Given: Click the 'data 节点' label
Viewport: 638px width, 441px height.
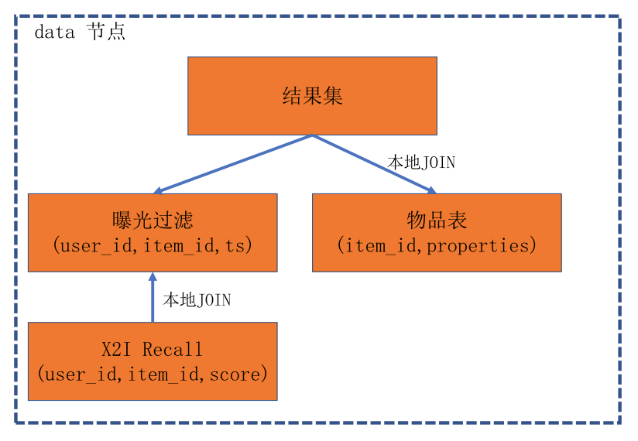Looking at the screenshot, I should [80, 32].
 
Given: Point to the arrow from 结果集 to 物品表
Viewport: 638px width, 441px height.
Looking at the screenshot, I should [372, 163].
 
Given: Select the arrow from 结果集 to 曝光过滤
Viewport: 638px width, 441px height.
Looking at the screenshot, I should [233, 163].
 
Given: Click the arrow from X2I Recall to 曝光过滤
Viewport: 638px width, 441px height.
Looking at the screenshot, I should [153, 298].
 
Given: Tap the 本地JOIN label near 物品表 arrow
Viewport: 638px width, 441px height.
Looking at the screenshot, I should [421, 162].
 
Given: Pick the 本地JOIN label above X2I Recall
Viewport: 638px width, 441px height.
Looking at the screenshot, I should [197, 299].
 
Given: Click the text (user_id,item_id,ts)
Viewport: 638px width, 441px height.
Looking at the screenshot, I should [153, 246].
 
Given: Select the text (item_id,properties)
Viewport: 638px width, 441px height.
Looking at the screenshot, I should [437, 246].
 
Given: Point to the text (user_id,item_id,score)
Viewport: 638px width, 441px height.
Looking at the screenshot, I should [153, 374].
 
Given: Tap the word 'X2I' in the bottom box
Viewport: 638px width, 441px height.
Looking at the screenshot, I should [117, 350].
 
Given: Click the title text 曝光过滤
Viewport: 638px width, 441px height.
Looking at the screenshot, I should [153, 221].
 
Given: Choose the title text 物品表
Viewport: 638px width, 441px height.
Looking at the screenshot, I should [437, 221].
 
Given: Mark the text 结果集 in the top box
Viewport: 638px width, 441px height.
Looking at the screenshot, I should [312, 97].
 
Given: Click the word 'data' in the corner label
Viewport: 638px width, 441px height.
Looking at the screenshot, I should [54, 32].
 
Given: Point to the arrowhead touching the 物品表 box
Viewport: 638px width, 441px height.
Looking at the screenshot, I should [430, 190].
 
